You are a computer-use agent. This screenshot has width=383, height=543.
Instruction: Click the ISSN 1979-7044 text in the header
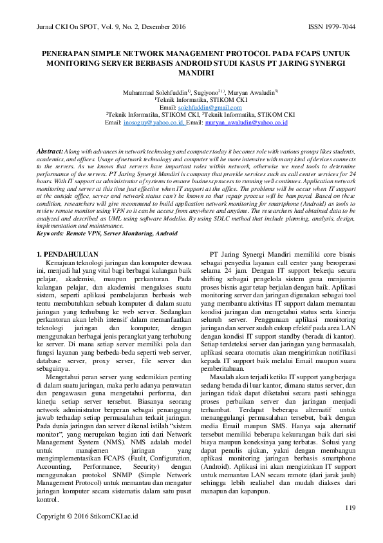click(x=322, y=28)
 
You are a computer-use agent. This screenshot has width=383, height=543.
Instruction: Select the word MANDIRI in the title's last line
click(x=191, y=74)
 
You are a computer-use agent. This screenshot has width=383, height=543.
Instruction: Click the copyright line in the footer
click(x=87, y=517)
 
